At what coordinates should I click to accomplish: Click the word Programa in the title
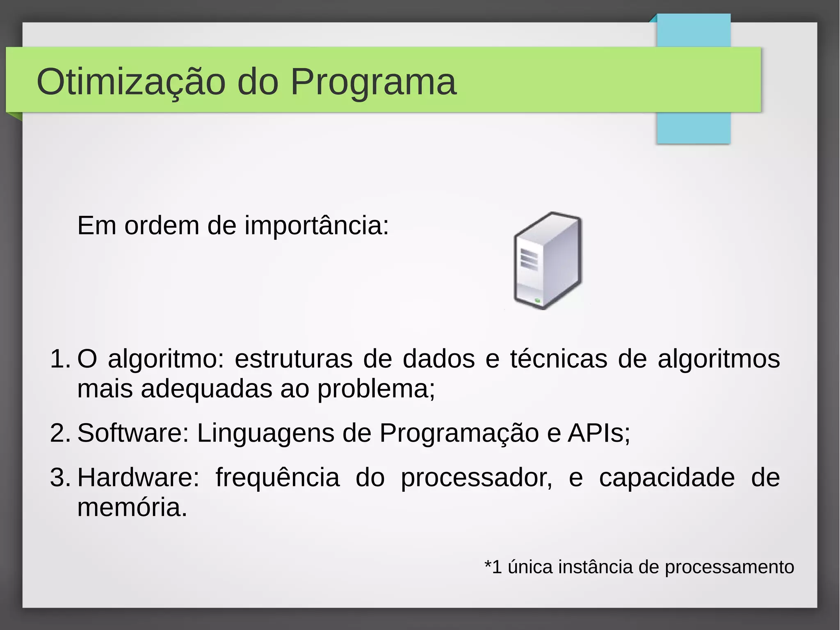point(373,82)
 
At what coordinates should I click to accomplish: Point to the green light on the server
point(538,302)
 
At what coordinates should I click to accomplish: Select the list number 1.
point(60,359)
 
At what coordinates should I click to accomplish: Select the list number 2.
point(60,433)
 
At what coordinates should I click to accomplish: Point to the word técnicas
point(559,359)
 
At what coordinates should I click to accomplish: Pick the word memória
point(131,507)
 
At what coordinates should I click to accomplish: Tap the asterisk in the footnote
point(488,563)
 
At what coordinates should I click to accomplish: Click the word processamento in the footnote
point(729,567)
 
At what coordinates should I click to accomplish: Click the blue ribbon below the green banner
point(693,128)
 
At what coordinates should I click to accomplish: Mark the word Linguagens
point(265,433)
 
